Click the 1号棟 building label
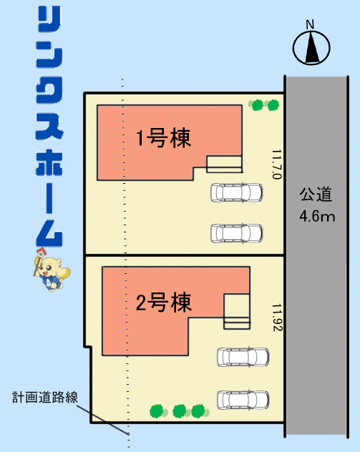pos(164,138)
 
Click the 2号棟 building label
pos(164,303)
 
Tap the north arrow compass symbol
pos(311,48)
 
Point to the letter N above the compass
pos(310,24)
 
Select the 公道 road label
pos(316,195)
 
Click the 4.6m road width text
pos(317,216)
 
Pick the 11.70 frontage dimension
pos(276,164)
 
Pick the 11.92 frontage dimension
pos(277,317)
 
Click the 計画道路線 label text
pos(45,397)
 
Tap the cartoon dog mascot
pos(52,270)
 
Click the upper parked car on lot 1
pos(236,192)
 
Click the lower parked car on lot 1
pos(236,233)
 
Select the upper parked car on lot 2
pos(243,357)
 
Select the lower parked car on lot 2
pos(243,400)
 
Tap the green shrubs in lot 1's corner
pos(263,105)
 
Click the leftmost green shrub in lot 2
pos(158,411)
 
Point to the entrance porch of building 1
pos(224,164)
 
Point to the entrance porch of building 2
pos(236,311)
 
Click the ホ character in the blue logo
pos(49,164)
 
